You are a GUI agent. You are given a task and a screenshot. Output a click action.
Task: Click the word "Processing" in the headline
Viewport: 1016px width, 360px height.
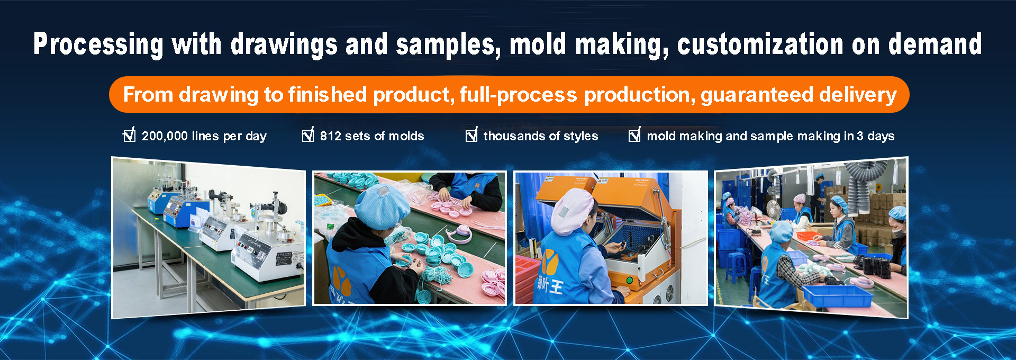[98, 44]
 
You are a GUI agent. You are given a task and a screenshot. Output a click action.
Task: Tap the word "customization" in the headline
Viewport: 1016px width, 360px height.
[760, 44]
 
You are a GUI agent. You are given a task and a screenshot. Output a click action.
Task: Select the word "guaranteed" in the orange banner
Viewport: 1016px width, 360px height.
[757, 95]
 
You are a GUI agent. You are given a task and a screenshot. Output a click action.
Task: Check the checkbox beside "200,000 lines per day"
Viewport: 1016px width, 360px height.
[129, 135]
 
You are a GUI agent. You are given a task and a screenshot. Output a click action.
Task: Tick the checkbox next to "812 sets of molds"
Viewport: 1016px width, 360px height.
[308, 135]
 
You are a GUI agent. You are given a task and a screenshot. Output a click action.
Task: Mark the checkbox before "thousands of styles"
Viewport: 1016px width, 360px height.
[471, 135]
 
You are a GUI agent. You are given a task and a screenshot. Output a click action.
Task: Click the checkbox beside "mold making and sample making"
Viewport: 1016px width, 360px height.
[634, 135]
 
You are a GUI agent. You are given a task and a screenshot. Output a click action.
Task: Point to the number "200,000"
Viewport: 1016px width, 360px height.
[165, 137]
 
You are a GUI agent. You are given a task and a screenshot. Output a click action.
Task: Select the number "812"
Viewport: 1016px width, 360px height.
[331, 136]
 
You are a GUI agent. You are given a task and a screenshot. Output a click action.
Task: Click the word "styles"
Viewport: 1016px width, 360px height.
[580, 137]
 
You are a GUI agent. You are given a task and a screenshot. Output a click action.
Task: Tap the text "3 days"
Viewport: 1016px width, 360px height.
[875, 137]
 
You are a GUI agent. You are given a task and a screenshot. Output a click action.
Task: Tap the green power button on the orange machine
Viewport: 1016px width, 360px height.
[630, 280]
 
